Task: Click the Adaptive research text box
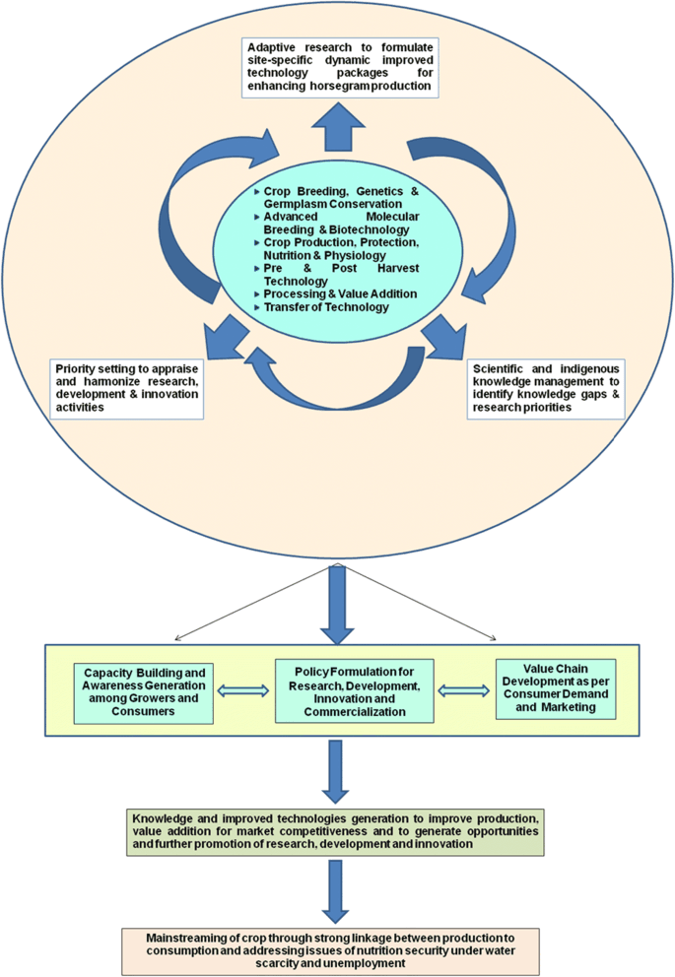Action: pos(338,68)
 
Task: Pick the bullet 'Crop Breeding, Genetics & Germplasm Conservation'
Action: pos(337,195)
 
